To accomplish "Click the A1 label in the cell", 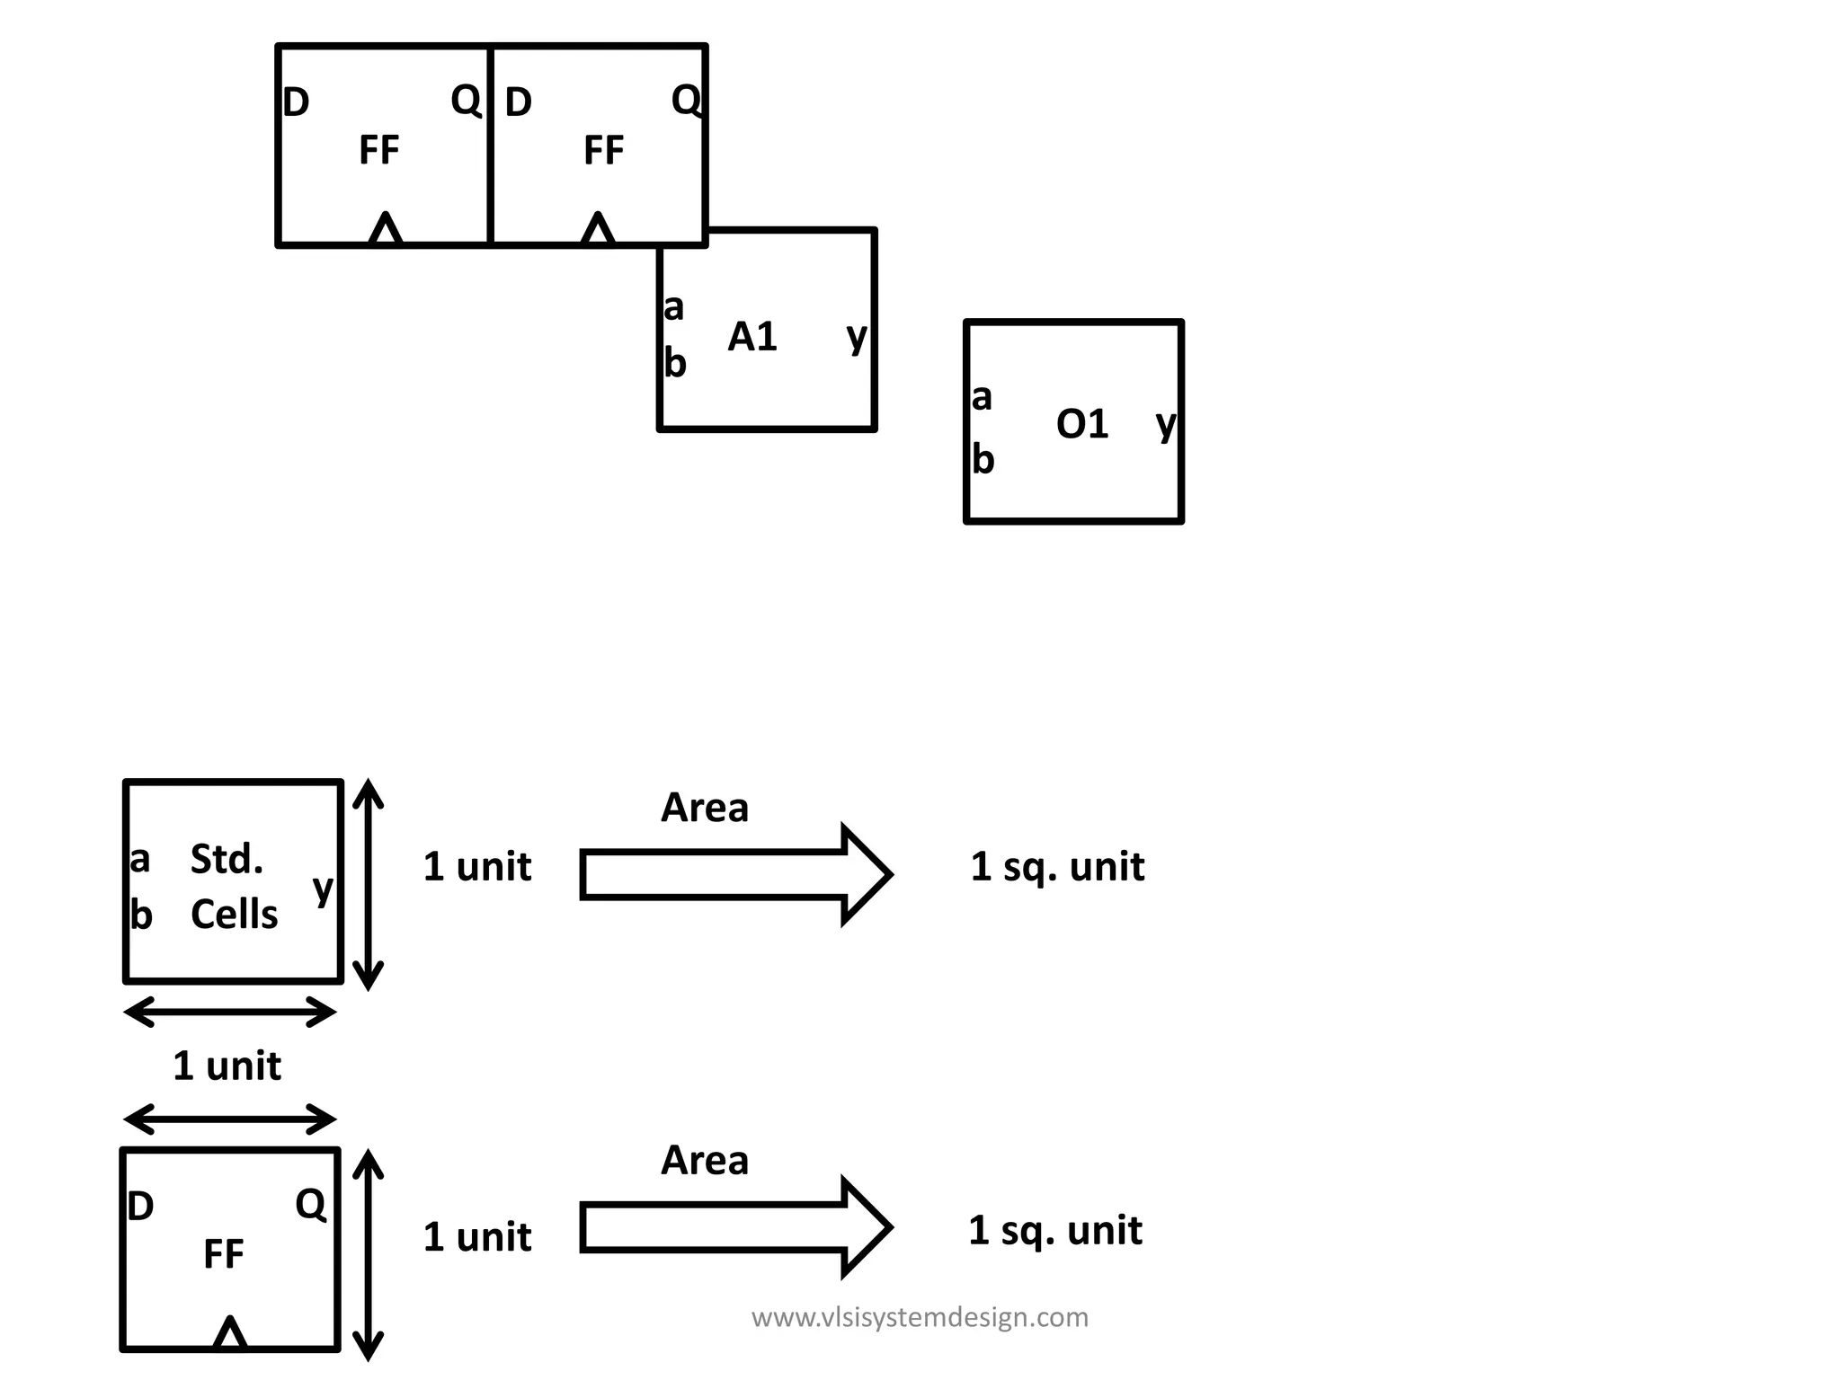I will [752, 337].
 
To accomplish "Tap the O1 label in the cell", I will [1081, 424].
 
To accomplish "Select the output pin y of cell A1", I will [857, 337].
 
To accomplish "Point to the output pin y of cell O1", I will [1165, 423].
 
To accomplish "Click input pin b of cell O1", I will [983, 460].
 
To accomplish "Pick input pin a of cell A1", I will [673, 307].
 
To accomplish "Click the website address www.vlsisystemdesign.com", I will [920, 1317].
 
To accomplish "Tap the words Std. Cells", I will [233, 887].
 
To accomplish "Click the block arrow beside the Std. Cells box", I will [734, 873].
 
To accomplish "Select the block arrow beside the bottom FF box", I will [734, 1226].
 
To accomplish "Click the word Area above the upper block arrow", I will [704, 808].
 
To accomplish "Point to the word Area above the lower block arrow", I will [704, 1161].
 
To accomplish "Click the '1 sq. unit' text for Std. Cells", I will [1057, 867].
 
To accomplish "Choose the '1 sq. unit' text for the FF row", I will [1055, 1230].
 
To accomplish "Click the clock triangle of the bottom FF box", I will [230, 1332].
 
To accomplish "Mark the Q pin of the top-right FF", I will [686, 100].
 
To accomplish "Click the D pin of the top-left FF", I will [296, 102].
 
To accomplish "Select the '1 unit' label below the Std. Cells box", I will [227, 1066].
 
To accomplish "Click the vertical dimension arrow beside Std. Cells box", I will [368, 884].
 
